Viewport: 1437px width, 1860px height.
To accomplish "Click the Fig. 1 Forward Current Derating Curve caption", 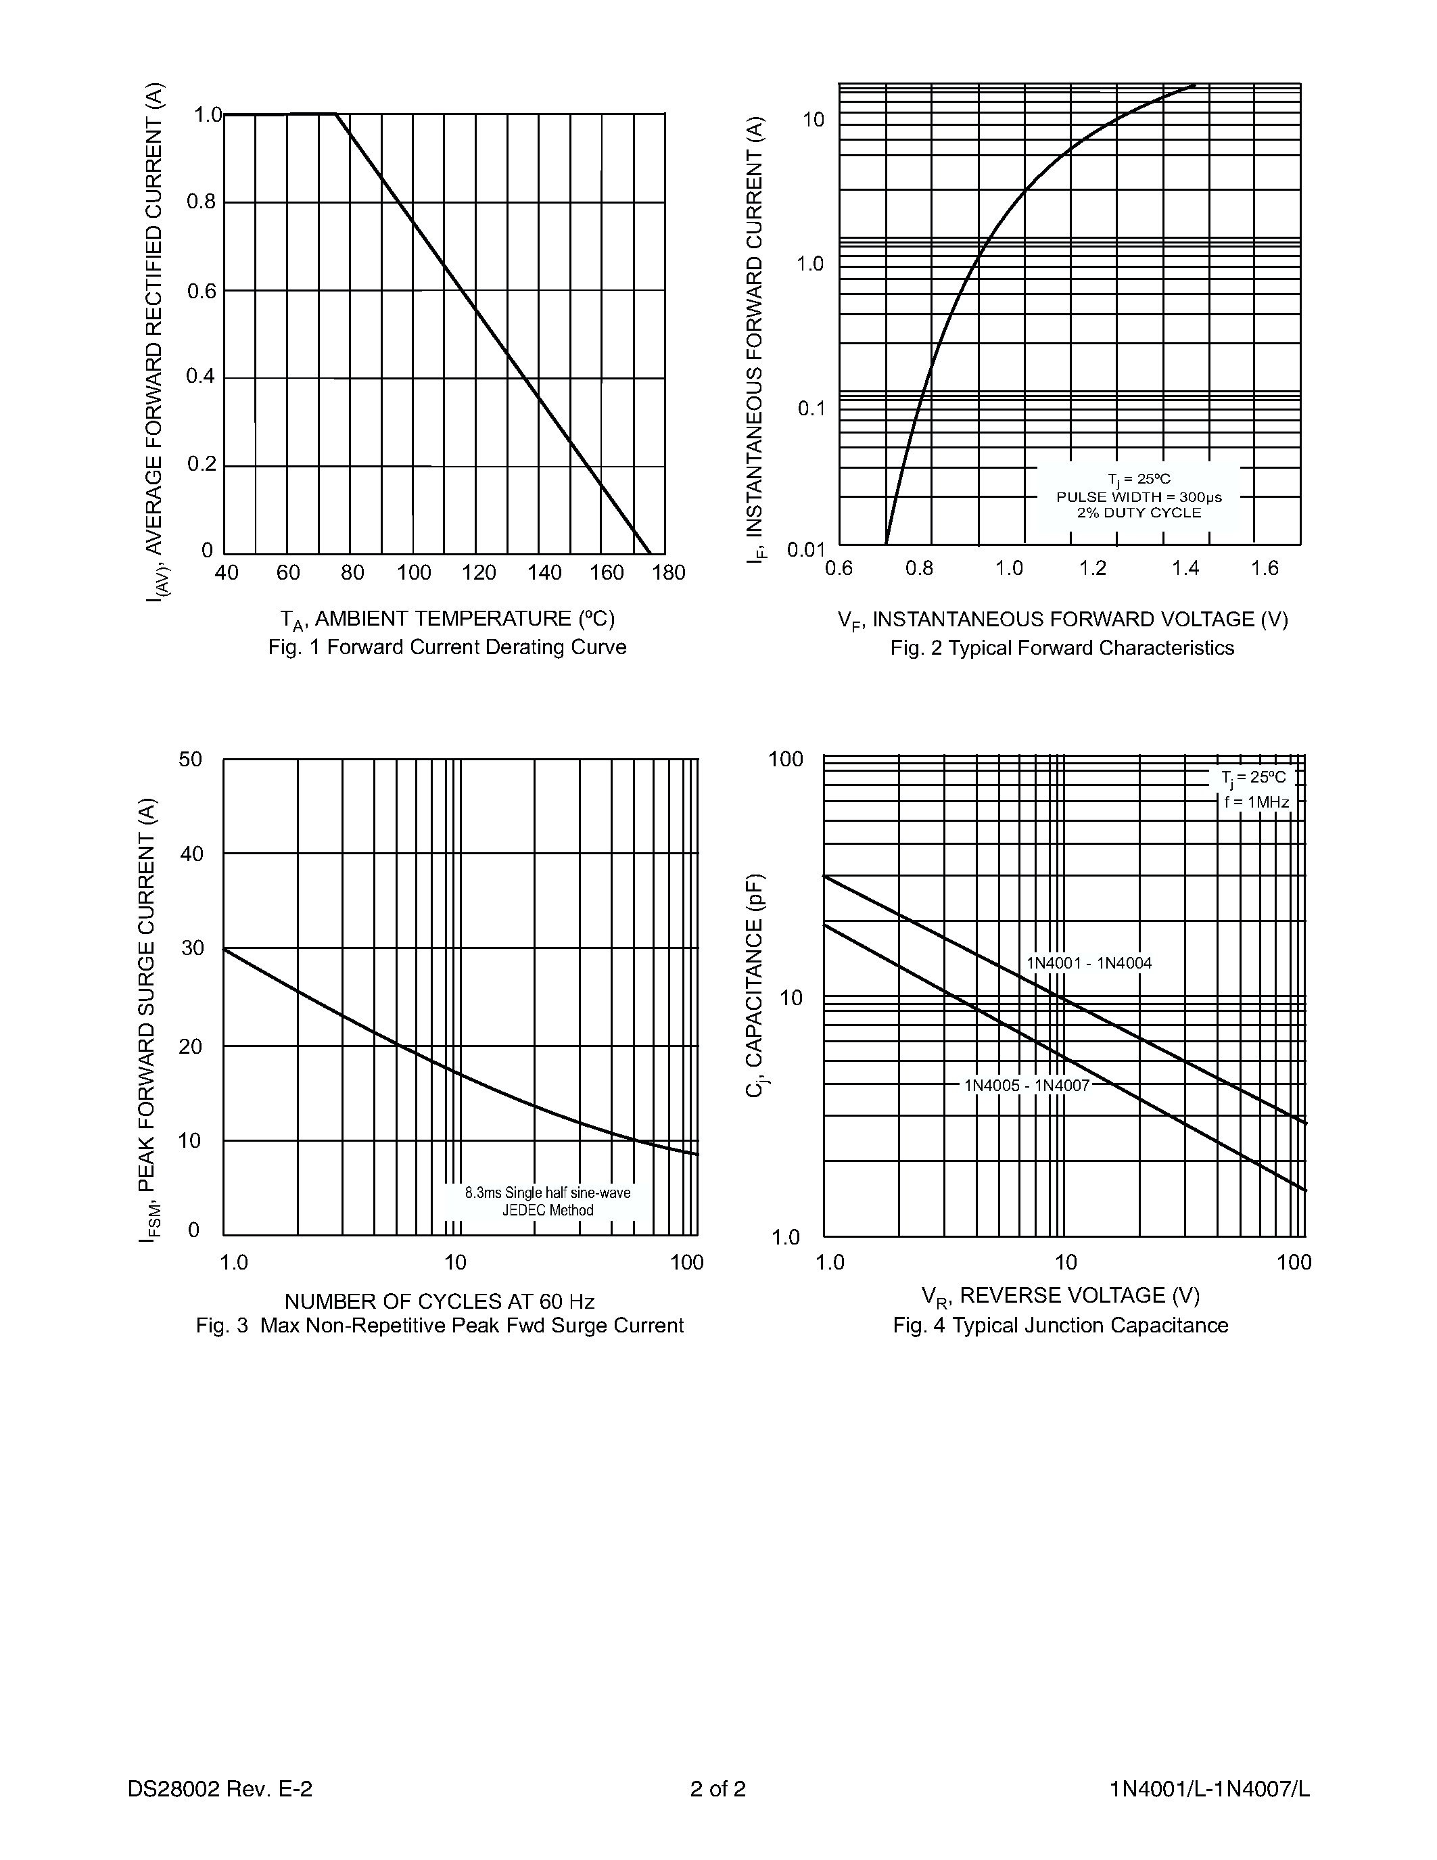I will click(447, 647).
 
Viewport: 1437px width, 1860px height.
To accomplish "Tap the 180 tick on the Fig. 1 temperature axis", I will click(668, 573).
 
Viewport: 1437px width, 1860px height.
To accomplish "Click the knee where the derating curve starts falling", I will click(336, 113).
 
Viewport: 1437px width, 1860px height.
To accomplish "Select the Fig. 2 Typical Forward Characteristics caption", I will click(1062, 648).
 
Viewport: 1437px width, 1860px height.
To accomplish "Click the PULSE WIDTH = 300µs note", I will click(1138, 496).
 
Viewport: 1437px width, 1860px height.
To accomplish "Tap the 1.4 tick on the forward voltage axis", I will click(1184, 569).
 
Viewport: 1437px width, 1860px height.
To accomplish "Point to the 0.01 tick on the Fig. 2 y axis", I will click(805, 550).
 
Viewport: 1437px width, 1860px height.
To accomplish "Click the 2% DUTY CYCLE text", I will click(1138, 513).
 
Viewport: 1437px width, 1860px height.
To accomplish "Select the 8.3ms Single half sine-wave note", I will click(547, 1193).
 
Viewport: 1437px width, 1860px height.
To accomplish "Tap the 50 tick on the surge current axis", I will click(191, 759).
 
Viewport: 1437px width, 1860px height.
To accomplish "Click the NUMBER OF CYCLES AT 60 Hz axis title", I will click(440, 1301).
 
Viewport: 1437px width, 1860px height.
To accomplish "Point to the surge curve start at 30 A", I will click(225, 949).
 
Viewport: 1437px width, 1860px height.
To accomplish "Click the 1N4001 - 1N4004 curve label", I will click(1089, 963).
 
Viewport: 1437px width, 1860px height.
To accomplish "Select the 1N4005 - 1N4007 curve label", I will click(1026, 1086).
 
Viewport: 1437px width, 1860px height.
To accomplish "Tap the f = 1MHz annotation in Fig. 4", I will click(1256, 802).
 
